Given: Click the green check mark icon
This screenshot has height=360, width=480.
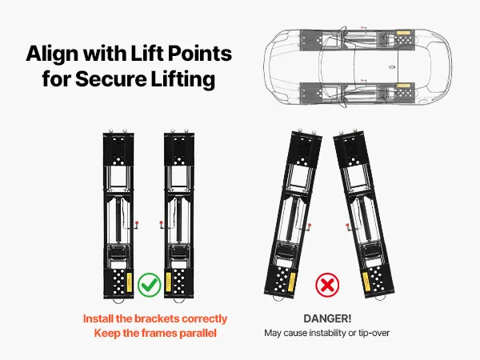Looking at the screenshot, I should click(x=149, y=283).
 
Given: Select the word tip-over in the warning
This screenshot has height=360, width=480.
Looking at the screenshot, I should click(x=370, y=333).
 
